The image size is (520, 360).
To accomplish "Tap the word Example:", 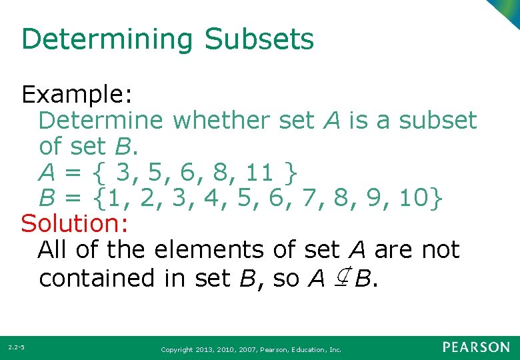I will pos(74,95).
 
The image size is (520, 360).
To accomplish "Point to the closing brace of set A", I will pos(289,173).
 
